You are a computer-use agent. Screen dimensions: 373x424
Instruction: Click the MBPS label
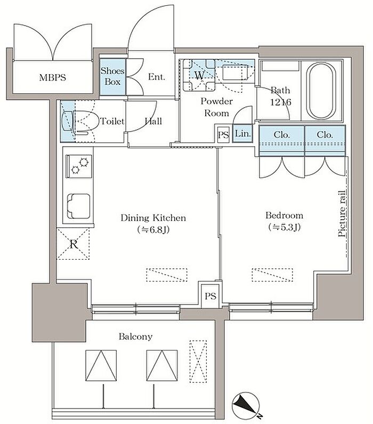[x=52, y=78]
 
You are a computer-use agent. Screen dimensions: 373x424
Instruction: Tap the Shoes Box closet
[x=112, y=77]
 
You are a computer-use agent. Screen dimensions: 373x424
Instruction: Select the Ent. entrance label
[x=156, y=77]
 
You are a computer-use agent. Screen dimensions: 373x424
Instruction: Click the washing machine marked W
[x=199, y=75]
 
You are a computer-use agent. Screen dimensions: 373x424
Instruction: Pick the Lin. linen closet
[x=242, y=133]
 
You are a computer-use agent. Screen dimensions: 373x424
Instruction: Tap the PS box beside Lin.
[x=223, y=134]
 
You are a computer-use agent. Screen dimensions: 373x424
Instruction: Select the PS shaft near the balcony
[x=210, y=296]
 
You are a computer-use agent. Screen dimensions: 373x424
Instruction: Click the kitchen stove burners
[x=79, y=166]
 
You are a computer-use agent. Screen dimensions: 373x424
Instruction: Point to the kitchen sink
[x=78, y=206]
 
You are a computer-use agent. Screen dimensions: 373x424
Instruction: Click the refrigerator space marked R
[x=73, y=244]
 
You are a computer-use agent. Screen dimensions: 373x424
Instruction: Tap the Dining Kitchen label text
[x=153, y=218]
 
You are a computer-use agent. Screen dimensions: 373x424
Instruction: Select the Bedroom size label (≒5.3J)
[x=285, y=227]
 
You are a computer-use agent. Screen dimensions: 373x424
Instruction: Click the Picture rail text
[x=342, y=214]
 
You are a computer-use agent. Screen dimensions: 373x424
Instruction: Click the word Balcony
[x=135, y=337]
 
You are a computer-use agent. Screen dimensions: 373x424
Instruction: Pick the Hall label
[x=153, y=121]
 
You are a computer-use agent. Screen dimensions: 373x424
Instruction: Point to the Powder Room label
[x=217, y=107]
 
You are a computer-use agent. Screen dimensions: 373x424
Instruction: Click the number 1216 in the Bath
[x=281, y=102]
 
